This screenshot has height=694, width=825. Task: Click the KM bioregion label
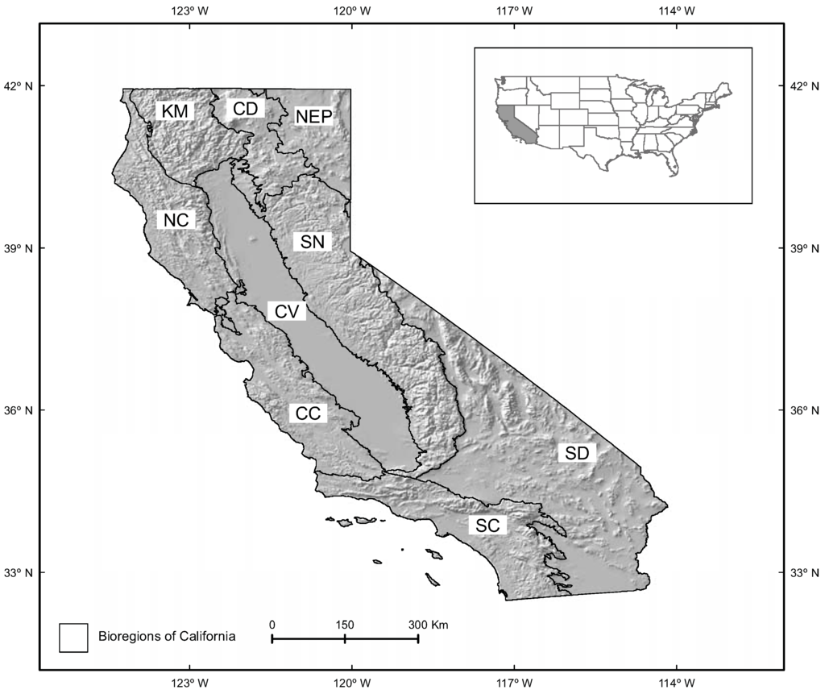pos(174,111)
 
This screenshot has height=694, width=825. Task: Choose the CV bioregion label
pos(285,312)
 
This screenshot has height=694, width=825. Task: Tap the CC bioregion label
pos(308,413)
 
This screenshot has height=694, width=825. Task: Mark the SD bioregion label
pos(577,453)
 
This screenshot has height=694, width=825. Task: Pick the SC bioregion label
pos(487,526)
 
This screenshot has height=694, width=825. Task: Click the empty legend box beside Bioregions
pos(73,637)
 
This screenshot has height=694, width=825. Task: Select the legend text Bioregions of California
pos(167,637)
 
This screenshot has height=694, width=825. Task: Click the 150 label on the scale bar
pos(344,625)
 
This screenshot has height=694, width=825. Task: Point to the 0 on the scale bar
pos(272,625)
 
